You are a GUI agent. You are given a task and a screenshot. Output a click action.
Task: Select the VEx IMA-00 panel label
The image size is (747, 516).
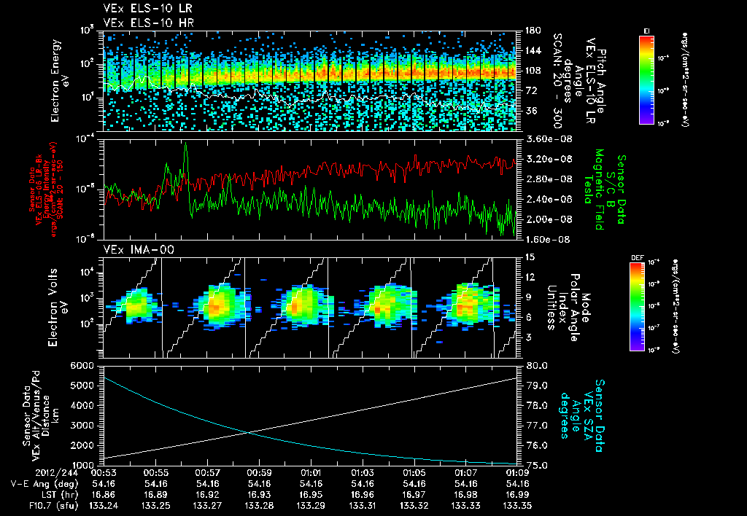click(132, 250)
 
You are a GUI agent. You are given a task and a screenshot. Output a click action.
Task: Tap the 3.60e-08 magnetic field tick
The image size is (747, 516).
click(546, 138)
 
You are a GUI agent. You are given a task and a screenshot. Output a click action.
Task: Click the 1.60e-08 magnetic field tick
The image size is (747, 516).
click(546, 238)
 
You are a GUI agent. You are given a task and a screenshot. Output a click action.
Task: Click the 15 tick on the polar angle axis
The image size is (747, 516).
click(526, 257)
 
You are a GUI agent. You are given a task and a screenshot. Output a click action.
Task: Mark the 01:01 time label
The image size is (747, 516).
click(311, 472)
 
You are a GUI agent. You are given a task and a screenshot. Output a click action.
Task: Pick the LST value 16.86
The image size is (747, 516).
click(106, 493)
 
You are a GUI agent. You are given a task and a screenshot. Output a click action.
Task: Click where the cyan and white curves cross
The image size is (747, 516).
click(248, 432)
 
